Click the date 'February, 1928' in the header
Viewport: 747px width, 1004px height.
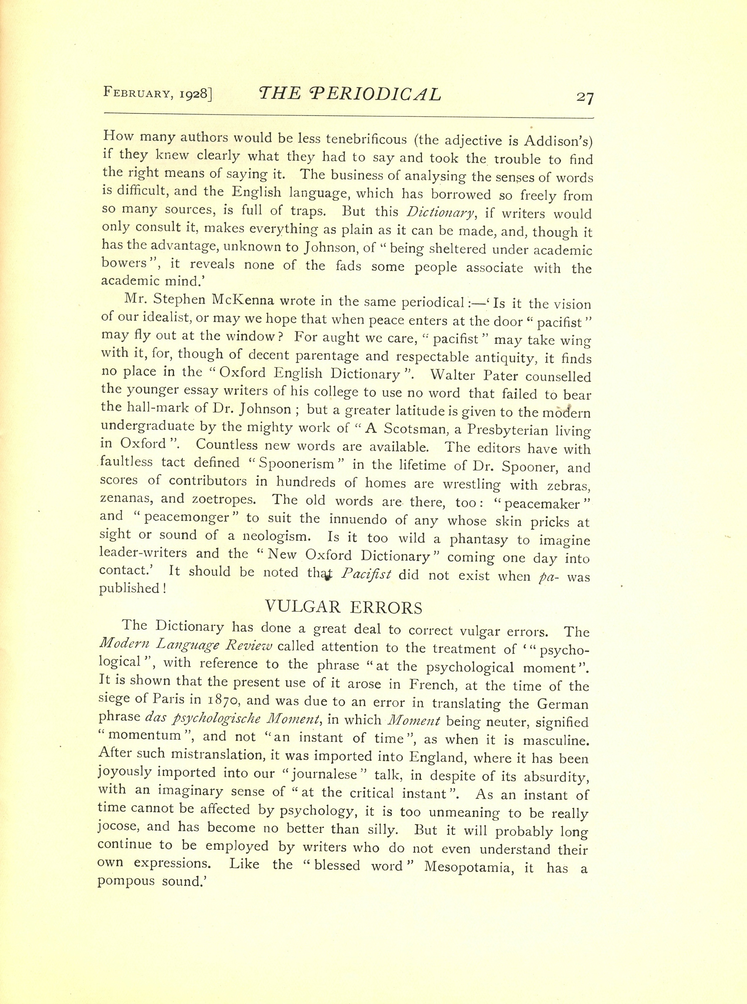(x=158, y=93)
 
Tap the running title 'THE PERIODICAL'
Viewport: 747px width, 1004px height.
(x=349, y=94)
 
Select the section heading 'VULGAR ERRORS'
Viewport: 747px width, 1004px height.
(x=343, y=607)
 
